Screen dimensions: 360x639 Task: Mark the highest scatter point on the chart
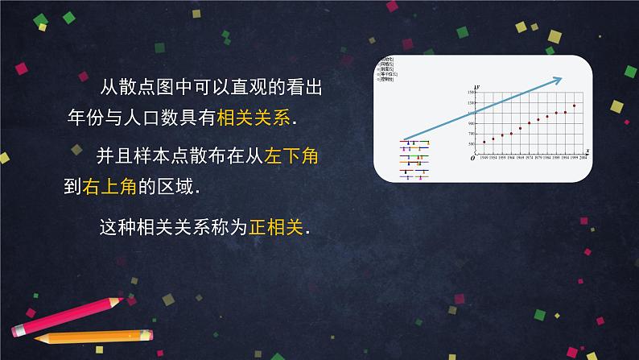[575, 106]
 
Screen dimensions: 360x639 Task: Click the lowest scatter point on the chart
[484, 142]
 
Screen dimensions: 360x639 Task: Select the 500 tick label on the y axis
[472, 143]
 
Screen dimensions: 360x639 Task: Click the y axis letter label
[479, 86]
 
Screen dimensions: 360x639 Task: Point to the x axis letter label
[587, 151]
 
